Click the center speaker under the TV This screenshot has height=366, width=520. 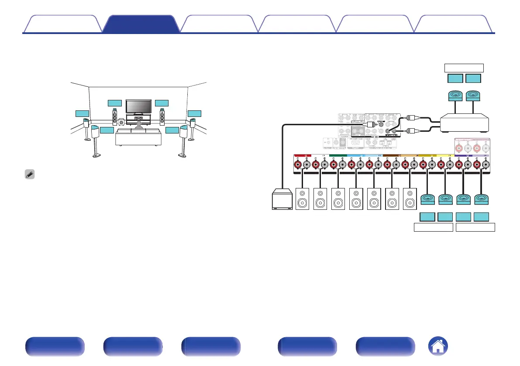click(x=138, y=119)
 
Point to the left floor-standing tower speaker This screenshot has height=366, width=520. click(x=115, y=117)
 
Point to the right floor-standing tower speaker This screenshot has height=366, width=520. click(x=162, y=117)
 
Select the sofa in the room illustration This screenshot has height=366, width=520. click(x=138, y=137)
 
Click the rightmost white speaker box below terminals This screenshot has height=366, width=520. click(x=410, y=199)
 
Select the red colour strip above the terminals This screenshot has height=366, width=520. click(x=302, y=155)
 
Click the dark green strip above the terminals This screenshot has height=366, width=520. click(x=338, y=155)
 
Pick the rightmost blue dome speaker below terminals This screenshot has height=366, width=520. click(x=481, y=199)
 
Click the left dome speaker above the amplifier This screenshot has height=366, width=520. click(x=455, y=96)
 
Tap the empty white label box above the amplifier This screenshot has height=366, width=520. click(x=464, y=68)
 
